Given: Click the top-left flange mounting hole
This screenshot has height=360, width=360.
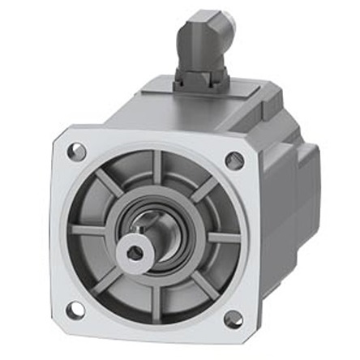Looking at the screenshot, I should (78, 151).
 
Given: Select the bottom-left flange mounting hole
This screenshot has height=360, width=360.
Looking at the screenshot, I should (74, 309).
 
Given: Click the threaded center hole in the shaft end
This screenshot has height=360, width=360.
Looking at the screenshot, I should (135, 255).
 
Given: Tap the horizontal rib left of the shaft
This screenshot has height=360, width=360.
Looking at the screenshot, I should (89, 230).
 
